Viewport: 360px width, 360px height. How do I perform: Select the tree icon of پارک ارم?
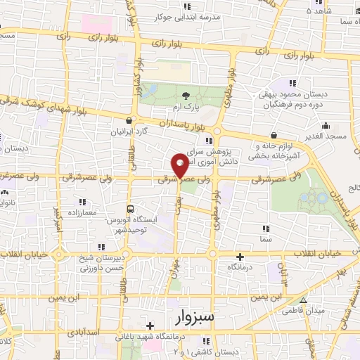tap(185, 96)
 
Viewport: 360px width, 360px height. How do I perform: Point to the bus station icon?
tap(130, 209)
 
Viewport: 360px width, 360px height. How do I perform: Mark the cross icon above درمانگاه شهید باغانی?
tap(150, 326)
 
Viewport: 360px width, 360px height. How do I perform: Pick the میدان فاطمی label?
tap(302, 310)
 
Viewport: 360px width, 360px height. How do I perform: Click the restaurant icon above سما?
tap(265, 229)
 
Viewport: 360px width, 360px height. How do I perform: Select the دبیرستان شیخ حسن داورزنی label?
tap(100, 262)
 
